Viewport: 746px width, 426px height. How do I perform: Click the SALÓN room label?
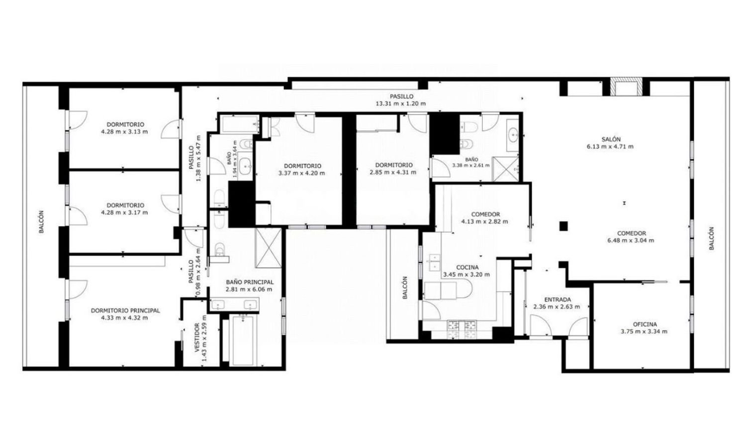pyautogui.click(x=611, y=139)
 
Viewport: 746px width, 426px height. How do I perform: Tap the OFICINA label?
pyautogui.click(x=645, y=324)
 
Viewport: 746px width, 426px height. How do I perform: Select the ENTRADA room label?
pyautogui.click(x=558, y=300)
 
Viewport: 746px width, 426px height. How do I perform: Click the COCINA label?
pyautogui.click(x=467, y=267)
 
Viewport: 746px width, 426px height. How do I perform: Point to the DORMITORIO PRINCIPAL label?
pyautogui.click(x=125, y=311)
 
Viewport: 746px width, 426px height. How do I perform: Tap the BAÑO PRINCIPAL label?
pyautogui.click(x=250, y=282)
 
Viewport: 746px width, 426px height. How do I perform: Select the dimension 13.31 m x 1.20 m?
pyautogui.click(x=401, y=104)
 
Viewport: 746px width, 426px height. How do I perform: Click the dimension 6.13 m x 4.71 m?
pyautogui.click(x=610, y=146)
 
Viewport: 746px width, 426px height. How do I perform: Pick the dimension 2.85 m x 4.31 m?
pyautogui.click(x=393, y=172)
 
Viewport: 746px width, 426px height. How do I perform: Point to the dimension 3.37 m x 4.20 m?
pyautogui.click(x=301, y=173)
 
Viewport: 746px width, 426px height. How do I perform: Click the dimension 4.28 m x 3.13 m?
pyautogui.click(x=124, y=132)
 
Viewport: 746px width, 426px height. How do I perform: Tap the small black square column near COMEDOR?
pyautogui.click(x=563, y=226)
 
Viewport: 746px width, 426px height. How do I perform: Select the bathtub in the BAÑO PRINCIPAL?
pyautogui.click(x=243, y=340)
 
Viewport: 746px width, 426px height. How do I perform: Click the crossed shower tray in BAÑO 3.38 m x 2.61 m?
pyautogui.click(x=506, y=169)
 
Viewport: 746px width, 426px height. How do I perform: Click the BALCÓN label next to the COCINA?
pyautogui.click(x=405, y=288)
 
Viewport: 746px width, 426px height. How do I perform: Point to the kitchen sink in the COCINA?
pyautogui.click(x=435, y=263)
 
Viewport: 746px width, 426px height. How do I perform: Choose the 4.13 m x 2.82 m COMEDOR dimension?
pyautogui.click(x=484, y=221)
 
